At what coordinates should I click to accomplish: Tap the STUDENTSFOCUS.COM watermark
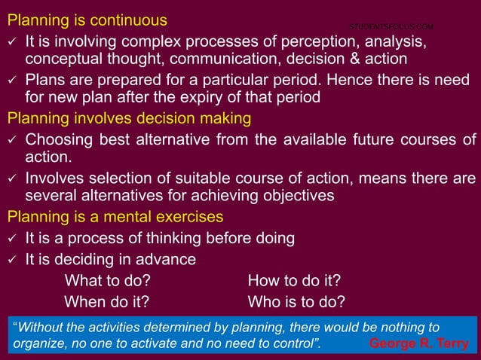pos(391,26)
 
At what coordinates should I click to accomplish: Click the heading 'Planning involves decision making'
pos(129,118)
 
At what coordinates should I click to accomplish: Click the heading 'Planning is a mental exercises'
pos(115,217)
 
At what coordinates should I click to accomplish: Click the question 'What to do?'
pos(107,281)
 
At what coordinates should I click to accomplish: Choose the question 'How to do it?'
pos(294,281)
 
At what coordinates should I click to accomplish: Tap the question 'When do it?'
pos(106,302)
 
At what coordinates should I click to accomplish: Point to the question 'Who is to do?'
pos(296,302)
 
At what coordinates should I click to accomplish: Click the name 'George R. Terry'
pos(419,344)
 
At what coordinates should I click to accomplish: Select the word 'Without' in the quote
pos(41,328)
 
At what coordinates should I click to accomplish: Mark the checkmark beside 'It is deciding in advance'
pos(12,261)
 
